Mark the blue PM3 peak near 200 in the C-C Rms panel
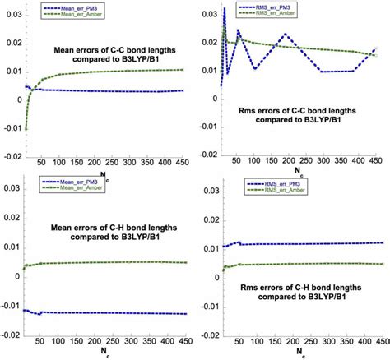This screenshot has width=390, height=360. [285, 35]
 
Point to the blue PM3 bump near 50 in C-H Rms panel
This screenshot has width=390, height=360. [239, 242]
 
